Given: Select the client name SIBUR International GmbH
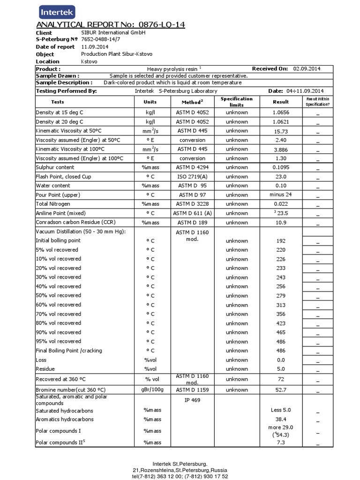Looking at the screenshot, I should click(113, 33).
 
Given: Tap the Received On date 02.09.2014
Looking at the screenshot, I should click(307, 68).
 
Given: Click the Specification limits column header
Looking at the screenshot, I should click(237, 102).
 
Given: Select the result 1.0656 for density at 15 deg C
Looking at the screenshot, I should click(281, 112).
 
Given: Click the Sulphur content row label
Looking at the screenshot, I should click(55, 167).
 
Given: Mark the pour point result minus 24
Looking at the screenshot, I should click(281, 195).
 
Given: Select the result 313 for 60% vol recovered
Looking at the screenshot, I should click(281, 305).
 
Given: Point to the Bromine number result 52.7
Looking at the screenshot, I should click(281, 390).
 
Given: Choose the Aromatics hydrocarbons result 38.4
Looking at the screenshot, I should click(281, 419).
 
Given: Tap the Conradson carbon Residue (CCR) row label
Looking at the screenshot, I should click(69, 222).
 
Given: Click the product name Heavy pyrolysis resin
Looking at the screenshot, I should click(172, 69).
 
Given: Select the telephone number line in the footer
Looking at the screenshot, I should click(180, 476).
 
